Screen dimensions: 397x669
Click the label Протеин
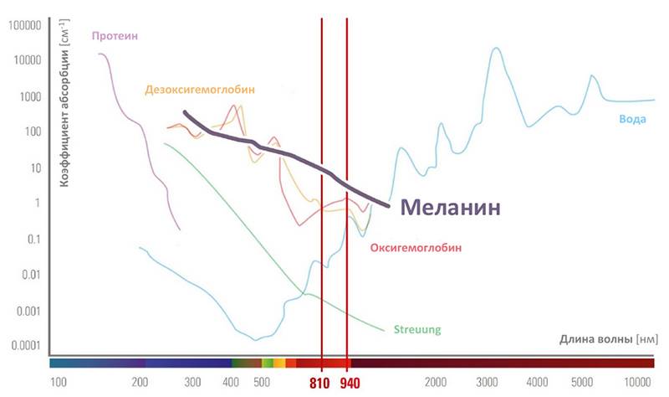click(x=115, y=35)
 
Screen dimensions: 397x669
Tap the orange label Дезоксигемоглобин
click(x=199, y=90)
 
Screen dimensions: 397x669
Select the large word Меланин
click(x=449, y=207)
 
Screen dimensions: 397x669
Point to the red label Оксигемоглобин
click(x=415, y=249)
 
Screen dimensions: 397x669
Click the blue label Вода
click(x=632, y=119)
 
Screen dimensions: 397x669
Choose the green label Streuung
click(x=417, y=329)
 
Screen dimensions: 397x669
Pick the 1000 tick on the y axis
click(x=29, y=96)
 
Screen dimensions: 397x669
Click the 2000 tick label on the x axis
click(x=435, y=383)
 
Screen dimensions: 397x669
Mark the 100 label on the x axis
click(x=59, y=383)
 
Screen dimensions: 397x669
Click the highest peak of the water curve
click(x=496, y=49)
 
